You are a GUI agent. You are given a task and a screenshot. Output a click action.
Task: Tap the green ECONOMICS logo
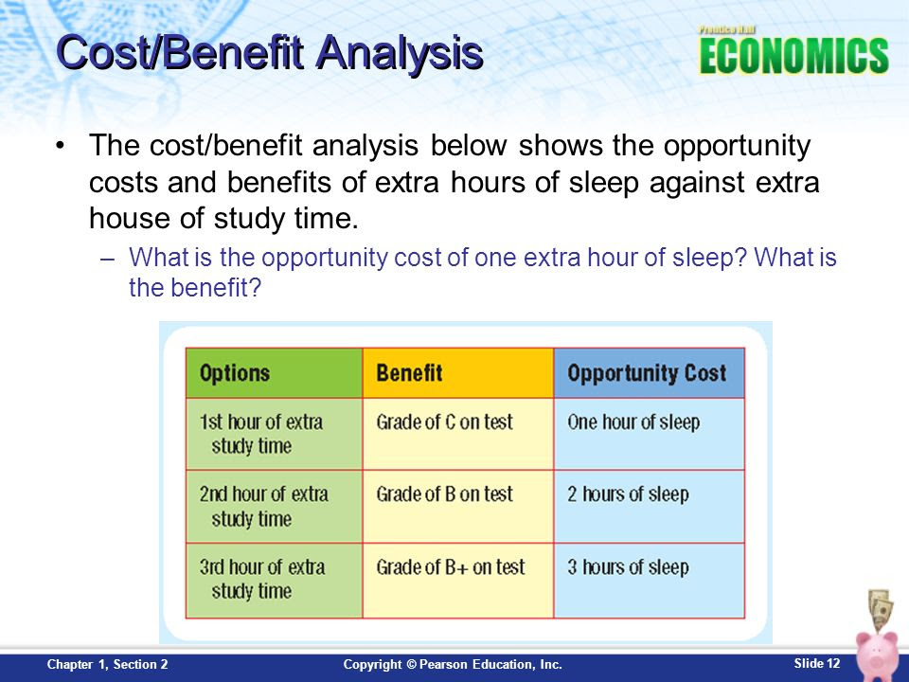793,56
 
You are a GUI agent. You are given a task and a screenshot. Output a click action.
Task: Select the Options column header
275,373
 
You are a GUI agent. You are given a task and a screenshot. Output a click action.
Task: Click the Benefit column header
458,373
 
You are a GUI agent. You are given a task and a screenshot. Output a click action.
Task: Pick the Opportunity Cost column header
650,373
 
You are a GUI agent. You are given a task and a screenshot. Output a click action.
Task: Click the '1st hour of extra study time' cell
275,434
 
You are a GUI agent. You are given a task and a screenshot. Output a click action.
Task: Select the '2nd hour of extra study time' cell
275,506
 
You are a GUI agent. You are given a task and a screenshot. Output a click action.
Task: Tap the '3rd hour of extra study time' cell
275,581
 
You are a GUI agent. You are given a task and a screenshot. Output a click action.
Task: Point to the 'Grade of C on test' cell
458,434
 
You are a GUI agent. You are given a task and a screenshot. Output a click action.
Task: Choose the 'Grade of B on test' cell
458,506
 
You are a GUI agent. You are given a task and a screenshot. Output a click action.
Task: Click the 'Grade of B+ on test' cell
458,581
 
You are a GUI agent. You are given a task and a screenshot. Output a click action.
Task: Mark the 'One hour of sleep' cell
650,434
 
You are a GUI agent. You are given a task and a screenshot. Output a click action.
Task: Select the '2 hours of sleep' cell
650,506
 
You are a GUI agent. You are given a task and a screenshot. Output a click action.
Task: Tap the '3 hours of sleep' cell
650,581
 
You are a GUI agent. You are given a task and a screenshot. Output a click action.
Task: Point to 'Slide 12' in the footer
817,663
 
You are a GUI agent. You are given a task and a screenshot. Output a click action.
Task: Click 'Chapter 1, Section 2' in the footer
108,665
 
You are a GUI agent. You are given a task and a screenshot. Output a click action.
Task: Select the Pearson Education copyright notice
453,665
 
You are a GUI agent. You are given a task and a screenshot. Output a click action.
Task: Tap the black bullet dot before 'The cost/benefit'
60,145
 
